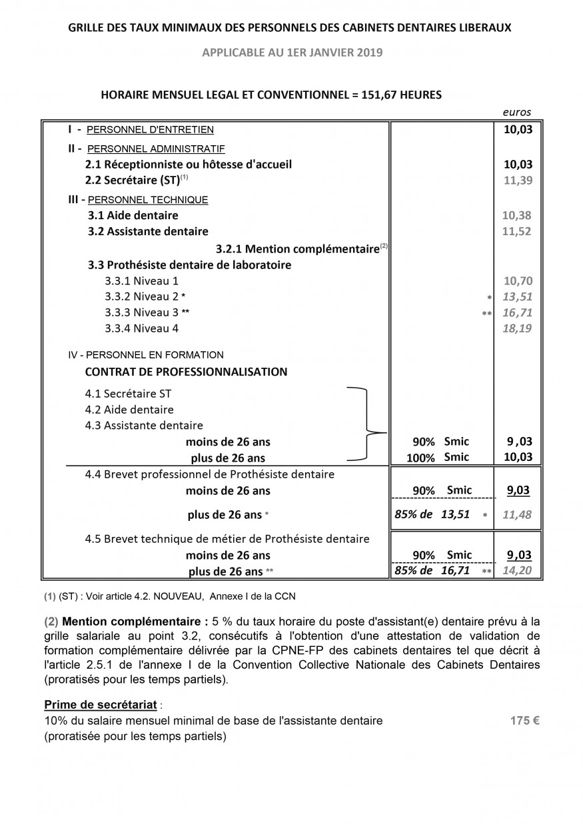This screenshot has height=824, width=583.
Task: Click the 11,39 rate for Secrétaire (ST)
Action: point(518,180)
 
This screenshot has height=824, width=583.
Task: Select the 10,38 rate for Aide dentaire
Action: point(518,215)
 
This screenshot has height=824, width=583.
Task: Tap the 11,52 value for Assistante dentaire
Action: point(518,232)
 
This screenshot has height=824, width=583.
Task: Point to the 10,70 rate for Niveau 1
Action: point(518,281)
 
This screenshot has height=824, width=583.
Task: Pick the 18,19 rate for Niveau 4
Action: point(518,328)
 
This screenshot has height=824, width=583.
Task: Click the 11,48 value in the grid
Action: point(518,514)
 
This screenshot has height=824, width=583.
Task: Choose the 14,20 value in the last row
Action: point(518,571)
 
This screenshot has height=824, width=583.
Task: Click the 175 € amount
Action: point(524,720)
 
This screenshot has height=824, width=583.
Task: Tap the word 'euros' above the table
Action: point(518,113)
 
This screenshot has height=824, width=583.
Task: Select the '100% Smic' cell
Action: point(438,458)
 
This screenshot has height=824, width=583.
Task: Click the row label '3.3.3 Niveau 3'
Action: point(142,312)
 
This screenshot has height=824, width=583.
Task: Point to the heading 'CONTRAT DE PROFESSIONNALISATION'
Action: point(187,372)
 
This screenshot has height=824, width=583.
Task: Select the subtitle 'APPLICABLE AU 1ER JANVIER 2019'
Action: point(292,53)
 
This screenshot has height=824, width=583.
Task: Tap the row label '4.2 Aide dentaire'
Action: point(129,410)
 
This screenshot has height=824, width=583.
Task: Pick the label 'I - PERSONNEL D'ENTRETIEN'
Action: point(141,129)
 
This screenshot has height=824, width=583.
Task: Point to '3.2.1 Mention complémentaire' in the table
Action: point(297,249)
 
